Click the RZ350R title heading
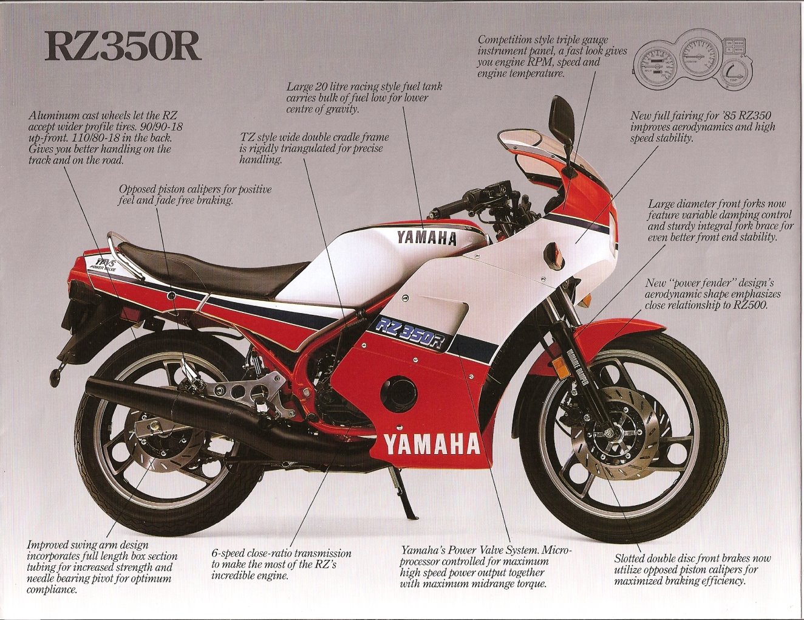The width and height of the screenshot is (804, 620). [122, 47]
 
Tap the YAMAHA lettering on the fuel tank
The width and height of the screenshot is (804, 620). [426, 238]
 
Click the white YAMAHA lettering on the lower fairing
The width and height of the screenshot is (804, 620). [431, 444]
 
